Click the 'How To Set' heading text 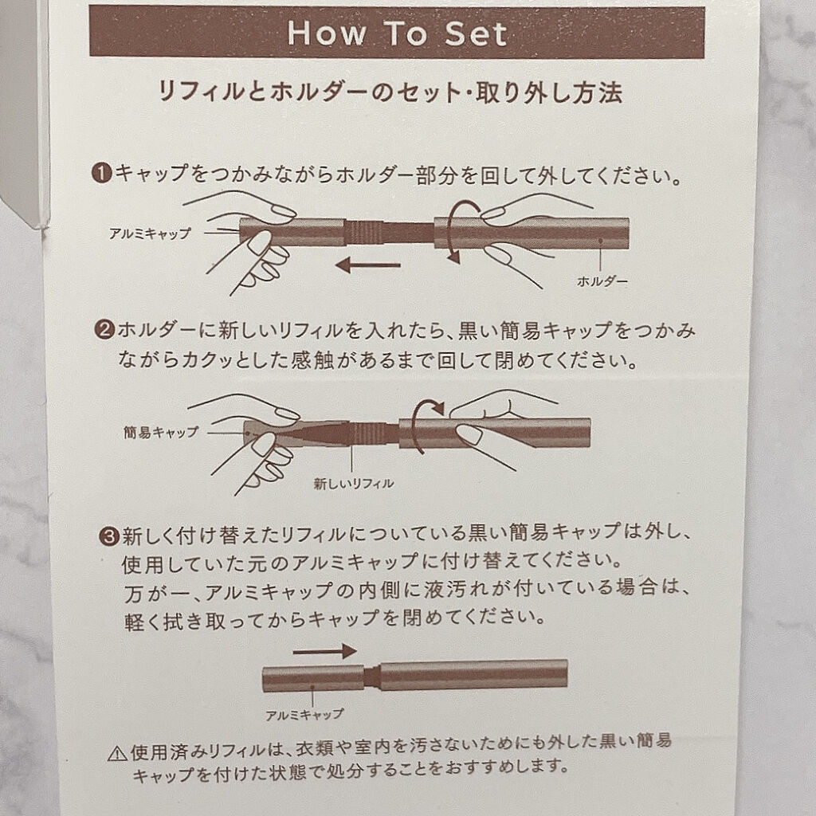pyautogui.click(x=397, y=33)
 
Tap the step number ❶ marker pyautogui.click(x=102, y=173)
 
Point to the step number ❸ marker pyautogui.click(x=109, y=535)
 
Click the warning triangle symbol pyautogui.click(x=118, y=753)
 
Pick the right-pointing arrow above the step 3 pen pyautogui.click(x=325, y=651)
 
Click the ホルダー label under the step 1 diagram pyautogui.click(x=602, y=281)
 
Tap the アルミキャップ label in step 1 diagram pyautogui.click(x=150, y=233)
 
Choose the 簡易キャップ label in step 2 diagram pyautogui.click(x=161, y=432)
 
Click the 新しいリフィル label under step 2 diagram pyautogui.click(x=353, y=484)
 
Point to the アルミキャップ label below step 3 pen pyautogui.click(x=304, y=715)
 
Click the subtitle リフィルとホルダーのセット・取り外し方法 pyautogui.click(x=390, y=92)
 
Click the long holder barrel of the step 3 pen pyautogui.click(x=473, y=674)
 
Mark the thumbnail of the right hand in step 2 pyautogui.click(x=470, y=434)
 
